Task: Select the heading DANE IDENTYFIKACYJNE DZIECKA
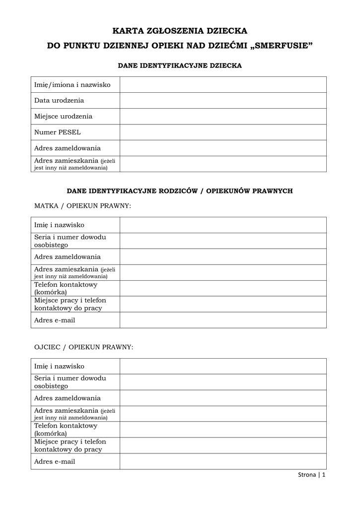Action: (180, 65)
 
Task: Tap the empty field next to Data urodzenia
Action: (223, 101)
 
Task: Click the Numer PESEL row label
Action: (58, 132)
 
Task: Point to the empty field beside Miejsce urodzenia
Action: (223, 117)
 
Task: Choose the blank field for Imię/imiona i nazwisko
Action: (223, 85)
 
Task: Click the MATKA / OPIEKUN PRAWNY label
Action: (82, 205)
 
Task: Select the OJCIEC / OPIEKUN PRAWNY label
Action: (83, 347)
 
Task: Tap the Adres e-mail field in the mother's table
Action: (223, 320)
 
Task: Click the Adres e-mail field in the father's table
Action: (223, 461)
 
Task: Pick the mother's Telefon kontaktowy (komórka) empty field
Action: (223, 289)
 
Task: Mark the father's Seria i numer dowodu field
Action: (223, 382)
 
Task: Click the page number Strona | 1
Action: (312, 475)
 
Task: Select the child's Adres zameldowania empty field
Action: (223, 148)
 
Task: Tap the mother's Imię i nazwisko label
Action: (59, 225)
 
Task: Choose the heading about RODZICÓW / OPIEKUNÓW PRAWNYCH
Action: (180, 190)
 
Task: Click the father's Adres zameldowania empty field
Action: (223, 398)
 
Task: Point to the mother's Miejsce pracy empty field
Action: (223, 305)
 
